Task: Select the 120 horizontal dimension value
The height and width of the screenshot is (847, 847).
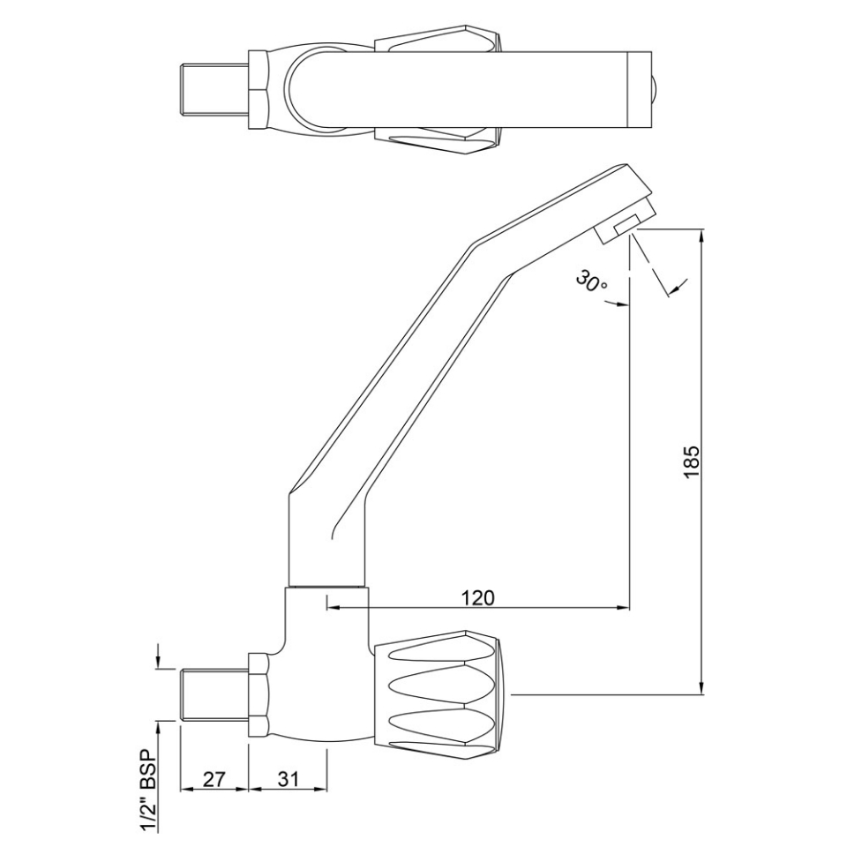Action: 477,596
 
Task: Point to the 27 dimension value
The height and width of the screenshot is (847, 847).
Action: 213,779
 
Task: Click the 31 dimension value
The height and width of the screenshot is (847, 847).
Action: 288,779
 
